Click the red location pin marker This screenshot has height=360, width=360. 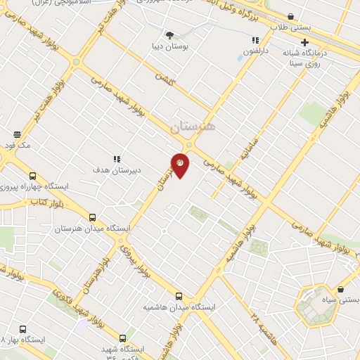tap(180, 164)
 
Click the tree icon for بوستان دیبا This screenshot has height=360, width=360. tap(169, 34)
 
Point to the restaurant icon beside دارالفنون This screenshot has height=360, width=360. tap(255, 41)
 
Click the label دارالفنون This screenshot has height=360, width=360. tap(257, 51)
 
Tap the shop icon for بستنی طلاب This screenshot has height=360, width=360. tap(291, 16)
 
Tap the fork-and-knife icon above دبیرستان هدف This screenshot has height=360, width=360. tap(117, 159)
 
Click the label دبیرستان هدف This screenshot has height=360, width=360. tap(117, 169)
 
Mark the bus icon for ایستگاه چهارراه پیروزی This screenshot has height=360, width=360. tap(32, 176)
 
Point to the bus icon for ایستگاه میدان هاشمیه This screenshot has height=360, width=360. tap(179, 297)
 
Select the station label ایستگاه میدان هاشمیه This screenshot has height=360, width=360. tap(179, 308)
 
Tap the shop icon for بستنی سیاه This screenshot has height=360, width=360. tap(341, 289)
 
